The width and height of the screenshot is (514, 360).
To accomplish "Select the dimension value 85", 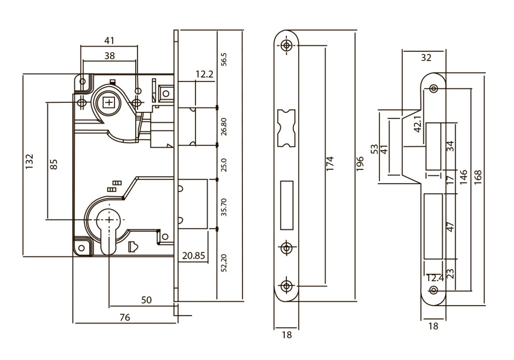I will click(54, 164).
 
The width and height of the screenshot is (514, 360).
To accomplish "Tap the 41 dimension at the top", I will click(109, 41).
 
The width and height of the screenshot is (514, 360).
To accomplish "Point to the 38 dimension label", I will click(109, 56).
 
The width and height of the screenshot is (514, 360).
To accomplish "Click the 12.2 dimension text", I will click(204, 75).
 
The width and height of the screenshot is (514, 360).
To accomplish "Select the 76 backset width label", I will click(124, 318).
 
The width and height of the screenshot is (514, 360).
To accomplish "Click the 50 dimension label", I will click(146, 300).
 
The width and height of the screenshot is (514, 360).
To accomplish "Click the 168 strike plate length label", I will click(478, 177).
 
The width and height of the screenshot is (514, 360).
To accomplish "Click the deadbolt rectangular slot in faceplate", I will click(286, 205).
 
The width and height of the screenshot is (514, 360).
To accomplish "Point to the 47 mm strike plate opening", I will click(433, 226).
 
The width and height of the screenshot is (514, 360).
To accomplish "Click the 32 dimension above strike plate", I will click(426, 58).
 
